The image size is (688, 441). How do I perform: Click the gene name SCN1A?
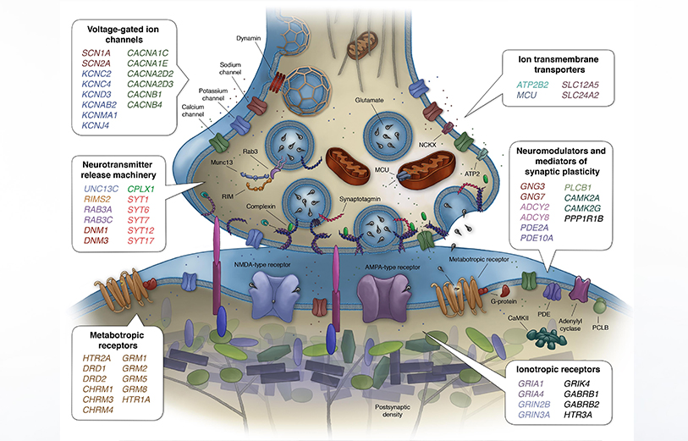[x=96, y=53]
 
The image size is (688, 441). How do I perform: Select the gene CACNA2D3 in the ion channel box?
[x=150, y=84]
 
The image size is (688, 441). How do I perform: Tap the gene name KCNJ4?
[x=96, y=125]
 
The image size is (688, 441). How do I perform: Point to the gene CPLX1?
[x=140, y=189]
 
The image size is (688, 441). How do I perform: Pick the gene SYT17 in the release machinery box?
[x=140, y=240]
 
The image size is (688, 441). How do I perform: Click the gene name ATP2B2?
[x=532, y=85]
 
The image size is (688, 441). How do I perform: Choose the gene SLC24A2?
[x=581, y=95]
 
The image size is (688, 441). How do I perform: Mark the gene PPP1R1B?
[x=584, y=218]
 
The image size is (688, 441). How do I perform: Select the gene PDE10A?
[x=537, y=238]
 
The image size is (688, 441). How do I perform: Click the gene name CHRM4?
[x=98, y=410]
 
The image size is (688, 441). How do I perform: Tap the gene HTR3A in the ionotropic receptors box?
[x=578, y=415]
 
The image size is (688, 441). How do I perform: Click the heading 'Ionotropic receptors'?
[x=558, y=369]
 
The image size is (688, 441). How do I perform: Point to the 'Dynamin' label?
[x=248, y=38]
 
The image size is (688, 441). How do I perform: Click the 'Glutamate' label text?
[x=370, y=100]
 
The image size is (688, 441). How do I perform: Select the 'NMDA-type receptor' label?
[x=262, y=265]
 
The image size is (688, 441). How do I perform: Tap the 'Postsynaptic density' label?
[x=393, y=411]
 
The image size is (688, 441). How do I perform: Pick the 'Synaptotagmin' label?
[x=360, y=199]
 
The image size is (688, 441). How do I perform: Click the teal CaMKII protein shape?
[x=547, y=338]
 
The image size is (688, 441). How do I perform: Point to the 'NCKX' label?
[x=427, y=145]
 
